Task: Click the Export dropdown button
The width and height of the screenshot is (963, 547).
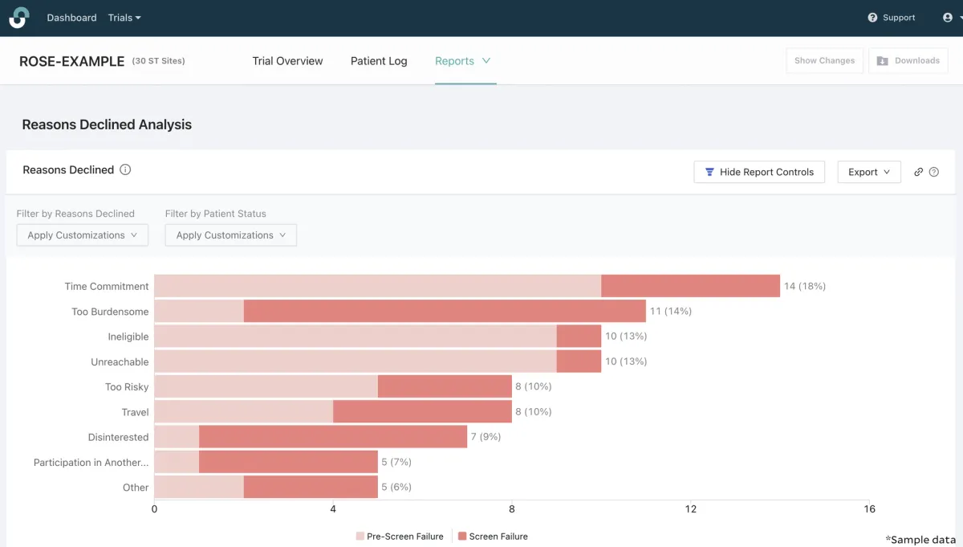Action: click(x=868, y=172)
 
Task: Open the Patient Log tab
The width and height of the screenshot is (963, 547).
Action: click(x=379, y=61)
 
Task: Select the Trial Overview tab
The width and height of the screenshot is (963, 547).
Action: click(x=287, y=61)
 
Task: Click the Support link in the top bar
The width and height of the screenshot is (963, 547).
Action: click(x=892, y=18)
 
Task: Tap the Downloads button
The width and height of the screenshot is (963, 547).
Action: click(x=908, y=61)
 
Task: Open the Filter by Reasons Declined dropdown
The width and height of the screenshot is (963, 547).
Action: click(x=82, y=235)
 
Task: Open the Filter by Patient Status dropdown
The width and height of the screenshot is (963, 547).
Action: click(x=230, y=235)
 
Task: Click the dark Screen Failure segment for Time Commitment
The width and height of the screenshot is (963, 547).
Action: click(x=690, y=286)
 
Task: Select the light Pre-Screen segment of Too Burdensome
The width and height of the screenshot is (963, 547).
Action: click(x=198, y=312)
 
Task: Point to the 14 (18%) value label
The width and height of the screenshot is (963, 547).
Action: click(x=804, y=286)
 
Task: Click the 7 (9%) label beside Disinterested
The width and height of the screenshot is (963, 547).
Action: click(x=486, y=437)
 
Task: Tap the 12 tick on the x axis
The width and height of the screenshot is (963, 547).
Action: click(x=690, y=509)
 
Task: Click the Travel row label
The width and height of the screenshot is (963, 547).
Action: click(x=135, y=412)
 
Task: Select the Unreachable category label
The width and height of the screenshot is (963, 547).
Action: click(x=120, y=362)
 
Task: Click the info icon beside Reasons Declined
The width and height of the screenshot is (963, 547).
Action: click(x=125, y=169)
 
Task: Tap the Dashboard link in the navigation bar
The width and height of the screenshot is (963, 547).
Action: click(x=71, y=18)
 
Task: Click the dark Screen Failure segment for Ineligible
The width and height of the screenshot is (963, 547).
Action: click(x=579, y=337)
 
